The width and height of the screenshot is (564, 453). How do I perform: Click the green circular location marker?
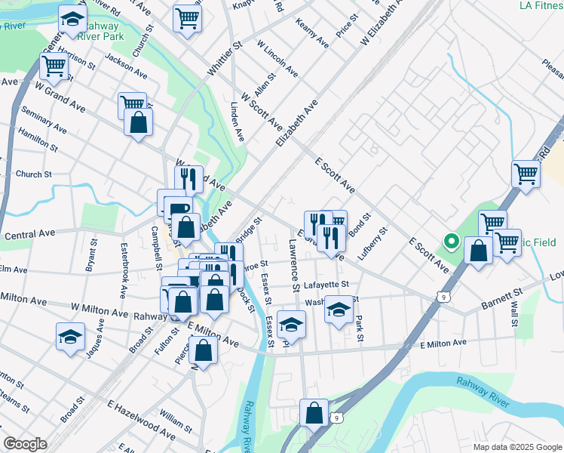tap(452, 242)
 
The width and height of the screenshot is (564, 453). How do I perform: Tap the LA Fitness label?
tap(541, 5)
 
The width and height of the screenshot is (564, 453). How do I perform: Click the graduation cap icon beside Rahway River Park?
tap(72, 21)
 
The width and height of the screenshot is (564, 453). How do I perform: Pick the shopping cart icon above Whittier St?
tap(187, 19)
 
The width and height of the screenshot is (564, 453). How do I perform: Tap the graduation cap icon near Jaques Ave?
tap(70, 335)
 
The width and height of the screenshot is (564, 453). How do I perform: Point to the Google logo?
tap(25, 443)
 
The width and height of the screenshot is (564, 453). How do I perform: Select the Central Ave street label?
tap(26, 236)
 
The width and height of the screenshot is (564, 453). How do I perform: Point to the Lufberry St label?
tap(372, 244)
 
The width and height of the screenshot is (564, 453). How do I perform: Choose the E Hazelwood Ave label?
tap(143, 427)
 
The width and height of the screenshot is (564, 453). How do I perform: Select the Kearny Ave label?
tap(312, 33)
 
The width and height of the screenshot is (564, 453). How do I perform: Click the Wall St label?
tap(514, 313)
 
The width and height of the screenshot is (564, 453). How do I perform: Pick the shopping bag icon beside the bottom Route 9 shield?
tap(314, 414)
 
